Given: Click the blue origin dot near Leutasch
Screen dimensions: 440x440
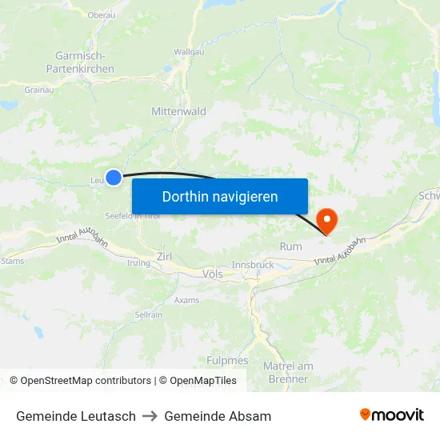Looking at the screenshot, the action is tap(114, 178).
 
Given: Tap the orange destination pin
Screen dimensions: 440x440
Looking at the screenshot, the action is tap(327, 219).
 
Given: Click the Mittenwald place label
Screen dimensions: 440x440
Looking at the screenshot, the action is tap(178, 111).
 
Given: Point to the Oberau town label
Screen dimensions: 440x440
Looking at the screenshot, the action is tap(101, 14).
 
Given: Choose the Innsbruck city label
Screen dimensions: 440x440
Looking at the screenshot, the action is tap(252, 265).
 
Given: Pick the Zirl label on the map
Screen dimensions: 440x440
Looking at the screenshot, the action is tap(165, 256).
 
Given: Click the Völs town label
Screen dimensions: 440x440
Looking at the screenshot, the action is tap(213, 274).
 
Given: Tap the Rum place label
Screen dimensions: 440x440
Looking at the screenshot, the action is tap(291, 246).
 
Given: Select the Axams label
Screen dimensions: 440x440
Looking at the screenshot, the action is tap(186, 301).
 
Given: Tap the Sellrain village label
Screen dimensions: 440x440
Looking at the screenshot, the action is tap(148, 315).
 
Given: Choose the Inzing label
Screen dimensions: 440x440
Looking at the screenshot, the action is tap(138, 262).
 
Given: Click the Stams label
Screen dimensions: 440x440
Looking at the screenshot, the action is tap(12, 261).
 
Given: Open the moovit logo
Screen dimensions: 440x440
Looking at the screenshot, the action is tap(392, 415).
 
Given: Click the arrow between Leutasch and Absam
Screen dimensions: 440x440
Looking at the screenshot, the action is tap(150, 416).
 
